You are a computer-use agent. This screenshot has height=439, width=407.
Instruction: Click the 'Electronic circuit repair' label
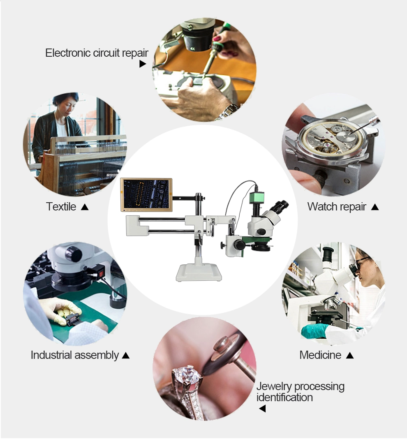[x=97, y=53]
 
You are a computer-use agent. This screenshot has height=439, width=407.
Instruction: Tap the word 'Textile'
[x=61, y=207]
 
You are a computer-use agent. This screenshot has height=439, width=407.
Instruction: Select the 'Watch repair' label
[x=337, y=207]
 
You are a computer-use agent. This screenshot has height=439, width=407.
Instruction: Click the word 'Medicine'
[x=320, y=355]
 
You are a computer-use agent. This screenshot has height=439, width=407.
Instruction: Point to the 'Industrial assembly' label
[x=75, y=355]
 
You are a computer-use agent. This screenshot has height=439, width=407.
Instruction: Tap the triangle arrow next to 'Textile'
[x=85, y=207]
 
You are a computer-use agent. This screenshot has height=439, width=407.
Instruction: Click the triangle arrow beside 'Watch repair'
[x=375, y=207]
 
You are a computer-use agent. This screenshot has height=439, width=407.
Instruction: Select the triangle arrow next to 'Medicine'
[x=349, y=355]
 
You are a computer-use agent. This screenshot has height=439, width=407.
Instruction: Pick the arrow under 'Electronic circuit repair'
[x=143, y=64]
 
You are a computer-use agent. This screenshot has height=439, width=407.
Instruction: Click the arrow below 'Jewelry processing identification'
[x=262, y=409]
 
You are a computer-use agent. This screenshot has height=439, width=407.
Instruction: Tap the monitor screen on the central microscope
[x=146, y=194]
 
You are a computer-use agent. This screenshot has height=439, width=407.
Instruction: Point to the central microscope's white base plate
[x=199, y=273]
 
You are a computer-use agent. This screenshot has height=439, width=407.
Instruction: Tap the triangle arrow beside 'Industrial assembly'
[x=126, y=355]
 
